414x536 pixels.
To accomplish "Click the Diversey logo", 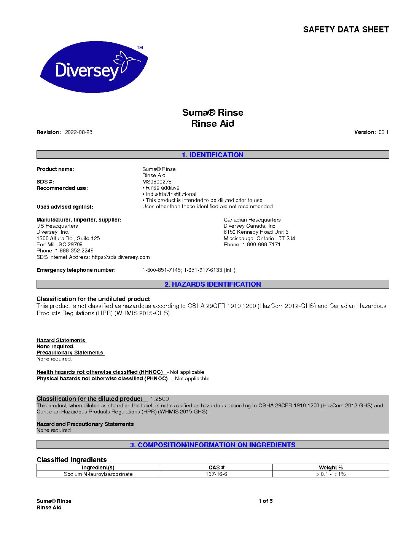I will (x=94, y=67).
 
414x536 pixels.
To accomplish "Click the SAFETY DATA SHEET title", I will (x=346, y=30).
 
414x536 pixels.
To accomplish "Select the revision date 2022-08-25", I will (x=79, y=132).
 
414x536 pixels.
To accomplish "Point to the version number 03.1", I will (x=383, y=132).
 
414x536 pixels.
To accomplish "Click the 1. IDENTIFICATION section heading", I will (x=212, y=155).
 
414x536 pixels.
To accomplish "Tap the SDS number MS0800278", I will (x=157, y=182).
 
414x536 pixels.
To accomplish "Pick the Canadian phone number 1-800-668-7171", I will (x=261, y=245).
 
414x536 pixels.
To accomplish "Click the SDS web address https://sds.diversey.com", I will (x=121, y=257).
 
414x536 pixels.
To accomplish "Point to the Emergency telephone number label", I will (x=76, y=270).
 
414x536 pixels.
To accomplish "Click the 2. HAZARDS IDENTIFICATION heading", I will (x=212, y=284).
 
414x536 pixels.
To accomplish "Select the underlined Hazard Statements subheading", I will (x=61, y=341).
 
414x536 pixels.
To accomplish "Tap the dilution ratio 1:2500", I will (x=159, y=399).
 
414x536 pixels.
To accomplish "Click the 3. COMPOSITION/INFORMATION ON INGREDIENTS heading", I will (x=212, y=445).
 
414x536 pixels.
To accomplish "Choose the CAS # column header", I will (x=216, y=467).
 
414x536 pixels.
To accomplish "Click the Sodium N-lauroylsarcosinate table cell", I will (x=98, y=474).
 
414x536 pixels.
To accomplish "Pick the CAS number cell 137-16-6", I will (x=216, y=474).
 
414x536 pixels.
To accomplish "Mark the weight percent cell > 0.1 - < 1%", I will (x=331, y=474).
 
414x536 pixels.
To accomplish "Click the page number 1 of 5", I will (x=266, y=501).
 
